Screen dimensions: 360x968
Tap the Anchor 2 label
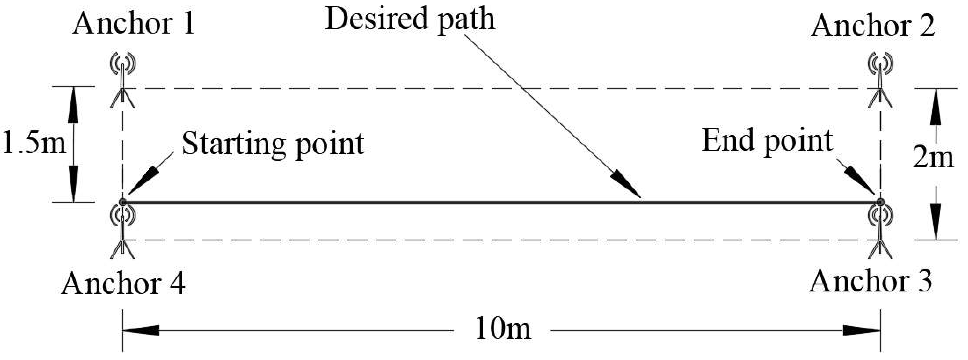873,26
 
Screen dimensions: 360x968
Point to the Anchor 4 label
123,284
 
